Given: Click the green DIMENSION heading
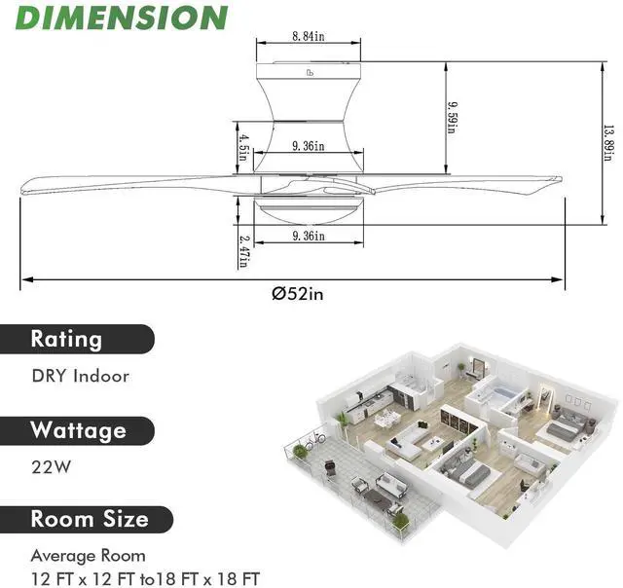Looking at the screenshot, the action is pyautogui.click(x=122, y=18).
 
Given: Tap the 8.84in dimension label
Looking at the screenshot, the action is pyautogui.click(x=309, y=36).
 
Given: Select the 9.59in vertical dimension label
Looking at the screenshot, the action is pyautogui.click(x=453, y=118).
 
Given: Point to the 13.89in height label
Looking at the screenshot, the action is pyautogui.click(x=607, y=143).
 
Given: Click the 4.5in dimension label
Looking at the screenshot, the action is pyautogui.click(x=243, y=147).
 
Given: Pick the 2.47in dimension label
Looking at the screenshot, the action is pyautogui.click(x=244, y=252).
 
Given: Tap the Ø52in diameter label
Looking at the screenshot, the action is pyautogui.click(x=298, y=294).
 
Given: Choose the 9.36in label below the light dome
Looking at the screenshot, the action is pyautogui.click(x=309, y=236).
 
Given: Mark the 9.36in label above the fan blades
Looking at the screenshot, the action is pyautogui.click(x=309, y=146).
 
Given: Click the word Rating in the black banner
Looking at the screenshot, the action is pyautogui.click(x=66, y=340).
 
